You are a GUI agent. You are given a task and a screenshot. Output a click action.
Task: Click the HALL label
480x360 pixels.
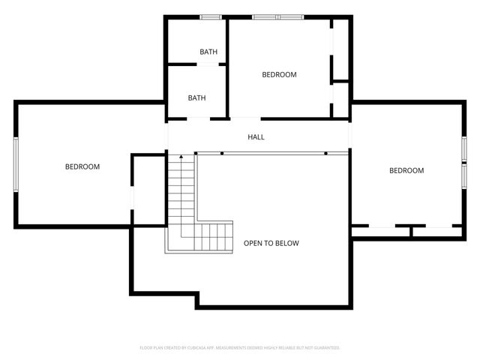click(x=256, y=137)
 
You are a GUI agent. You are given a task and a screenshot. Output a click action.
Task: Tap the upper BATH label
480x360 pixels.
click(x=208, y=52)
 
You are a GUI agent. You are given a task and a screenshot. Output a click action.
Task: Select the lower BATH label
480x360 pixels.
click(x=196, y=98)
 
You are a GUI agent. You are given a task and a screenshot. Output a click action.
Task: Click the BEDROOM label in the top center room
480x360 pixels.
click(x=279, y=75)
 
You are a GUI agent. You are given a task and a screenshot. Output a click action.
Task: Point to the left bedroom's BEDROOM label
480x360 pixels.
click(x=82, y=166)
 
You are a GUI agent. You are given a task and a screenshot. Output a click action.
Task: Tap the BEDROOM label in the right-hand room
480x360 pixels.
click(x=406, y=171)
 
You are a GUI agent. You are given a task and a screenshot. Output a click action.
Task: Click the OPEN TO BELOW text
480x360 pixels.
click(x=271, y=244)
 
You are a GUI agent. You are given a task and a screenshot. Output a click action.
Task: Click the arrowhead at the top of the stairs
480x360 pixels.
click(x=180, y=155)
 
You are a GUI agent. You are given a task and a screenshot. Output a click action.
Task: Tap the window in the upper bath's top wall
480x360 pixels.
click(x=210, y=16)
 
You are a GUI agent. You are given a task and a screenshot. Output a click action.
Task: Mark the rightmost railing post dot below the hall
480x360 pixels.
click(x=326, y=153)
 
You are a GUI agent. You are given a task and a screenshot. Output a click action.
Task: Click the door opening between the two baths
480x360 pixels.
click(x=208, y=65)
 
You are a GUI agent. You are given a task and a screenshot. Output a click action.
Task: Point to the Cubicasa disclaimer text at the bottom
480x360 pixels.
click(x=240, y=348)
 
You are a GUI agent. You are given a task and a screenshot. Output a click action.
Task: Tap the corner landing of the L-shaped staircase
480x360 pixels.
click(x=181, y=237)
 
